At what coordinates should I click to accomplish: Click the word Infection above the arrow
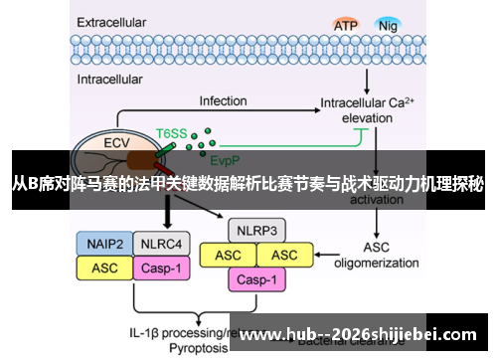(223, 101)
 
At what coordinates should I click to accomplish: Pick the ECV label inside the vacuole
(116, 142)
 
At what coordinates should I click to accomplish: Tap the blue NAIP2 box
(104, 243)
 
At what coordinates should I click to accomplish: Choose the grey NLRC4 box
(159, 243)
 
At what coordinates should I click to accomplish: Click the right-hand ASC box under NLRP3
(285, 255)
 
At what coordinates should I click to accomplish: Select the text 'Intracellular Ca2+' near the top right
(373, 101)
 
